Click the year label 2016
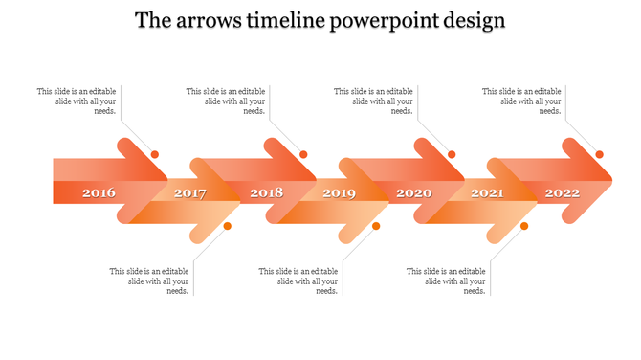[99, 193]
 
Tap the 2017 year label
[190, 193]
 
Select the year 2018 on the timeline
[267, 193]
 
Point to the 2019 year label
[339, 193]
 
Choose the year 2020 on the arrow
[414, 193]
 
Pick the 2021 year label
[487, 193]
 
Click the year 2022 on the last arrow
[563, 193]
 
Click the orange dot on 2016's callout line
[155, 154]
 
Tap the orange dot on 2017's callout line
[228, 226]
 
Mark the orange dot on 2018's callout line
[303, 154]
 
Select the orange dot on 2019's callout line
[376, 226]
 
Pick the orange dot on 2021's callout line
[524, 226]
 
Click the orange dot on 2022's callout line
[600, 154]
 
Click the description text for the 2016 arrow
[77, 101]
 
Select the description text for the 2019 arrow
[298, 281]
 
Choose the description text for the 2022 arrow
[522, 101]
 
